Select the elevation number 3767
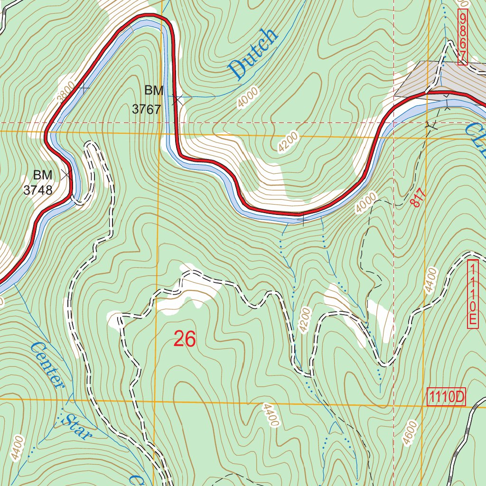pyautogui.click(x=146, y=109)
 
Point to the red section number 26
pyautogui.click(x=185, y=339)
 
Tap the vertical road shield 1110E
pyautogui.click(x=472, y=294)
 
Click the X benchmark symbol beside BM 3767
pyautogui.click(x=178, y=100)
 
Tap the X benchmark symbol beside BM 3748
pyautogui.click(x=66, y=175)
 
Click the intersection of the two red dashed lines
pyautogui.click(x=394, y=122)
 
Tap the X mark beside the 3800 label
pyautogui.click(x=84, y=88)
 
